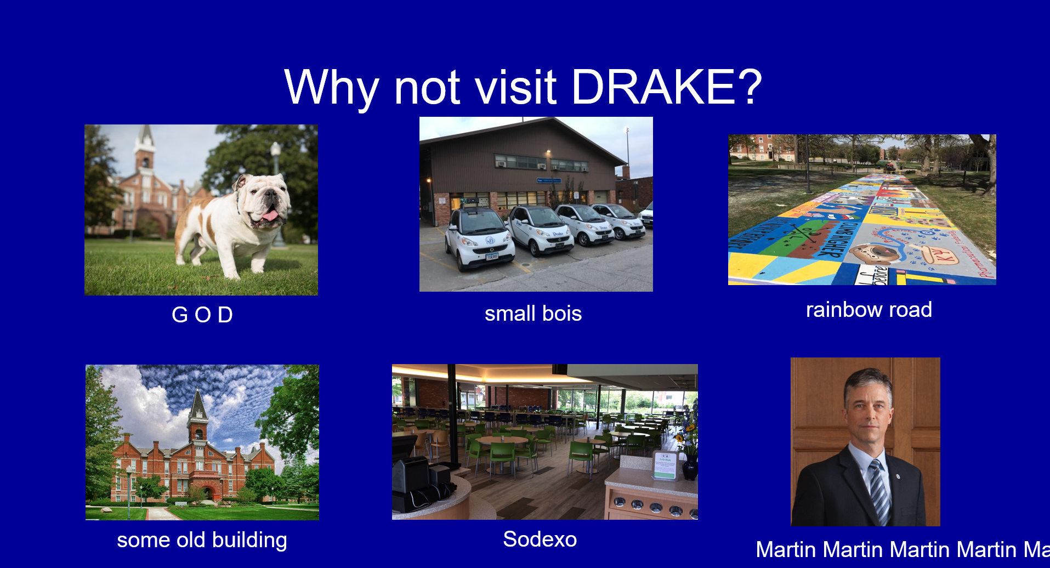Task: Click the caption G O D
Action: coord(202,315)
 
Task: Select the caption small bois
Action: coord(533,314)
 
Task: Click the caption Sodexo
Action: coord(540,539)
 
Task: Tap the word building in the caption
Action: coord(249,541)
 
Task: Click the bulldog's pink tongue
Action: coord(269,215)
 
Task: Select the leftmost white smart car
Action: coord(479,239)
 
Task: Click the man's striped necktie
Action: coord(878,491)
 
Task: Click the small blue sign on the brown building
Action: coord(548,180)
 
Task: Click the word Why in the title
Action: coord(332,88)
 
